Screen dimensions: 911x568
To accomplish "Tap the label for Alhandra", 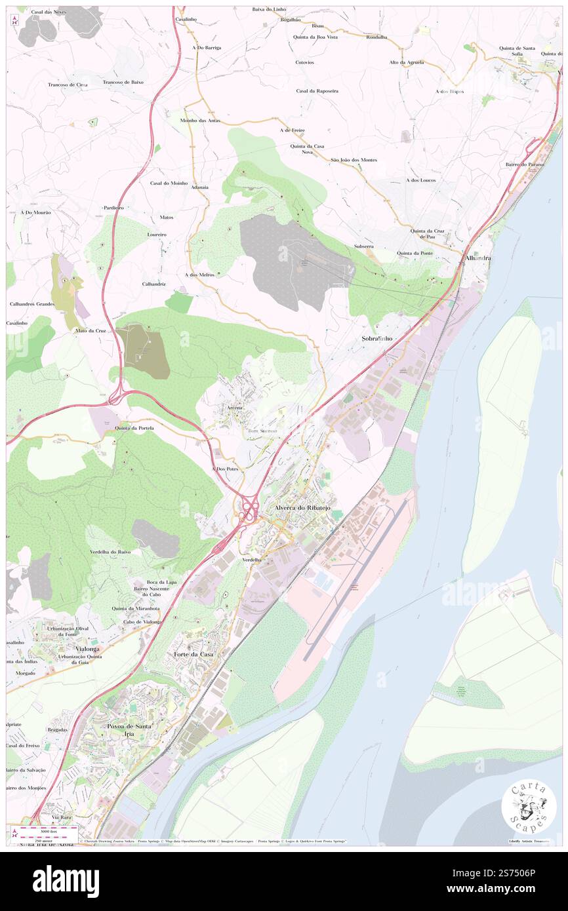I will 478,258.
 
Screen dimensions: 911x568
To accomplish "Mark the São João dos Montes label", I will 354,160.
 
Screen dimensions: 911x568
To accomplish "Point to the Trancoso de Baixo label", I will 123,83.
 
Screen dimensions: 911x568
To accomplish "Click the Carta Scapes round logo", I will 529,807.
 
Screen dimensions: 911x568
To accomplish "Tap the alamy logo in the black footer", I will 66,882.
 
